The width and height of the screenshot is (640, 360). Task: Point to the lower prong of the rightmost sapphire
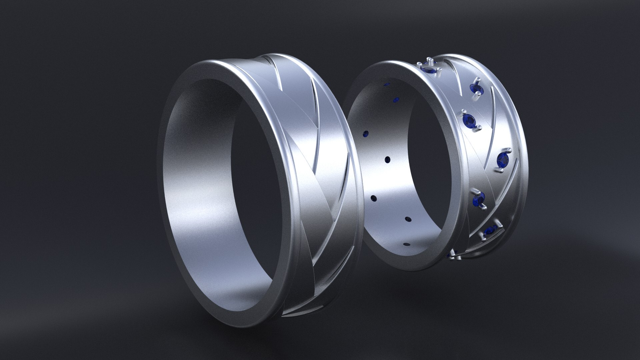coord(500,171)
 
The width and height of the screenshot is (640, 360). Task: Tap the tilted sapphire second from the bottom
coord(489,230)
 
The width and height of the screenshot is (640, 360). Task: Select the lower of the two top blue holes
coord(396,99)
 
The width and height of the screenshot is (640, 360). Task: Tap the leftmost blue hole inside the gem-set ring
coord(367,134)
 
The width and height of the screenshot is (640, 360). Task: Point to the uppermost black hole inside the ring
coord(387,160)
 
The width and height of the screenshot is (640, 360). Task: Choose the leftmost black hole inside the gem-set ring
coord(373,198)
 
